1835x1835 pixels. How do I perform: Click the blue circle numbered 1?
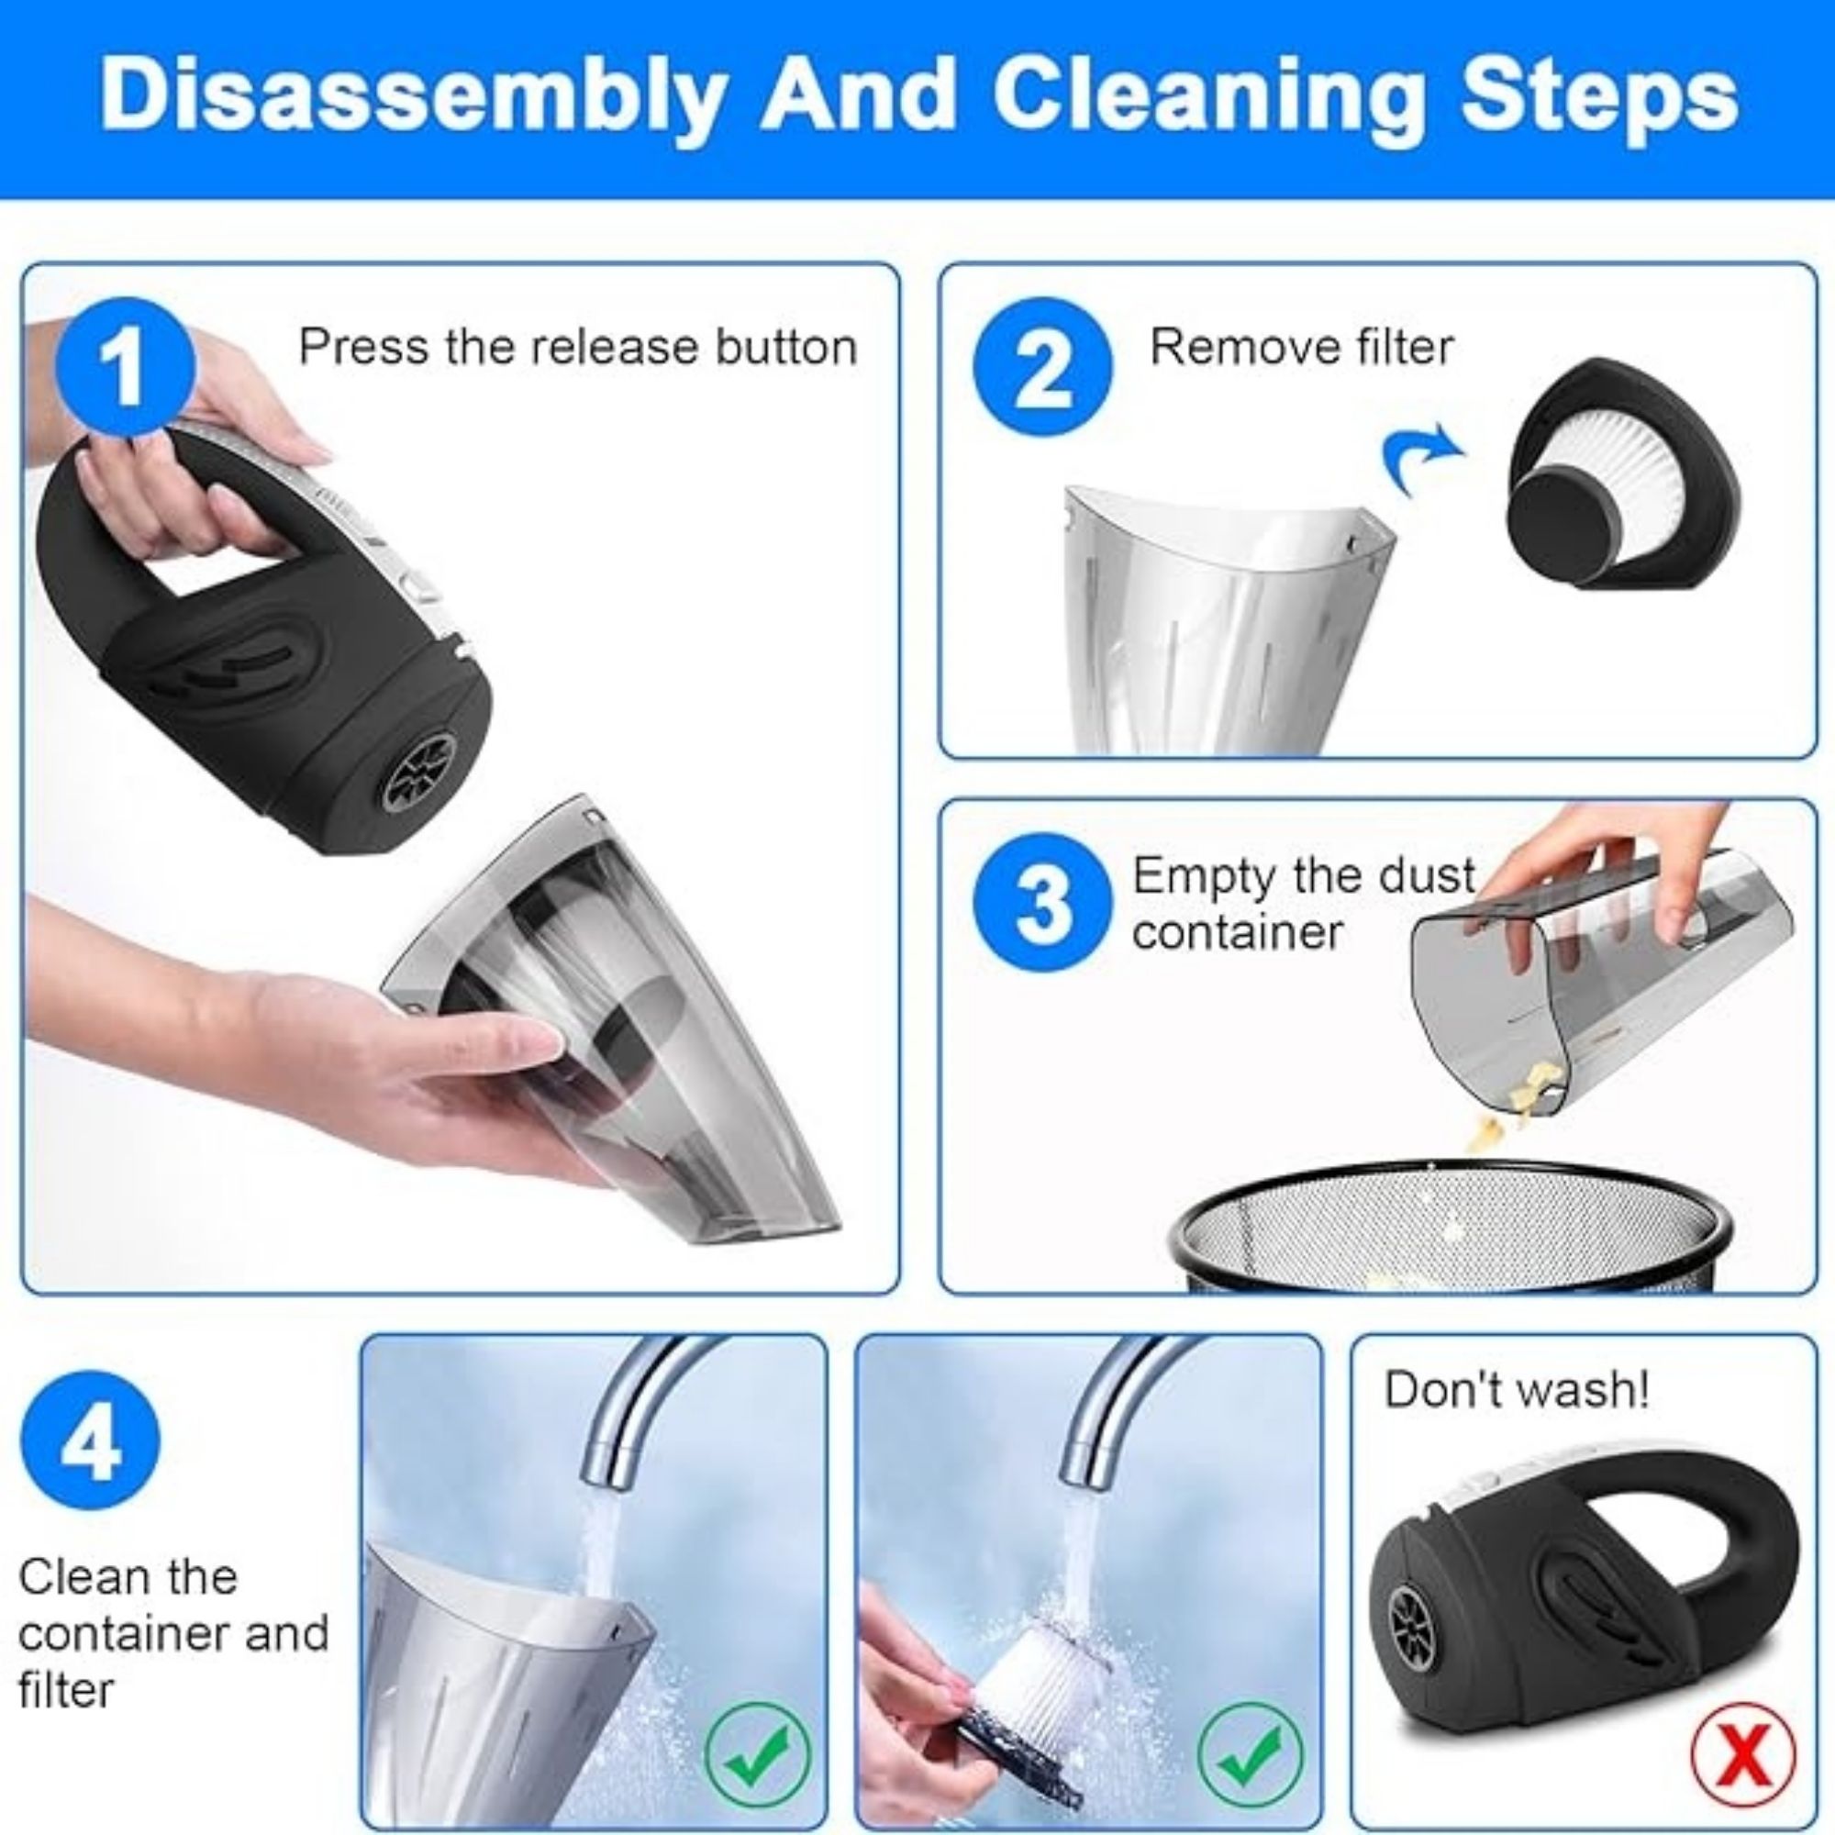click(126, 367)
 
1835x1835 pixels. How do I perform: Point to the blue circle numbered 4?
click(90, 1440)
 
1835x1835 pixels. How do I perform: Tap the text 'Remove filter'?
click(1301, 347)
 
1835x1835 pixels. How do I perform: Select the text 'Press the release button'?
click(577, 347)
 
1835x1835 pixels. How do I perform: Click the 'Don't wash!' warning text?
click(1517, 1389)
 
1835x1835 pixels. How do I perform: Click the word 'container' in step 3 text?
click(1237, 932)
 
